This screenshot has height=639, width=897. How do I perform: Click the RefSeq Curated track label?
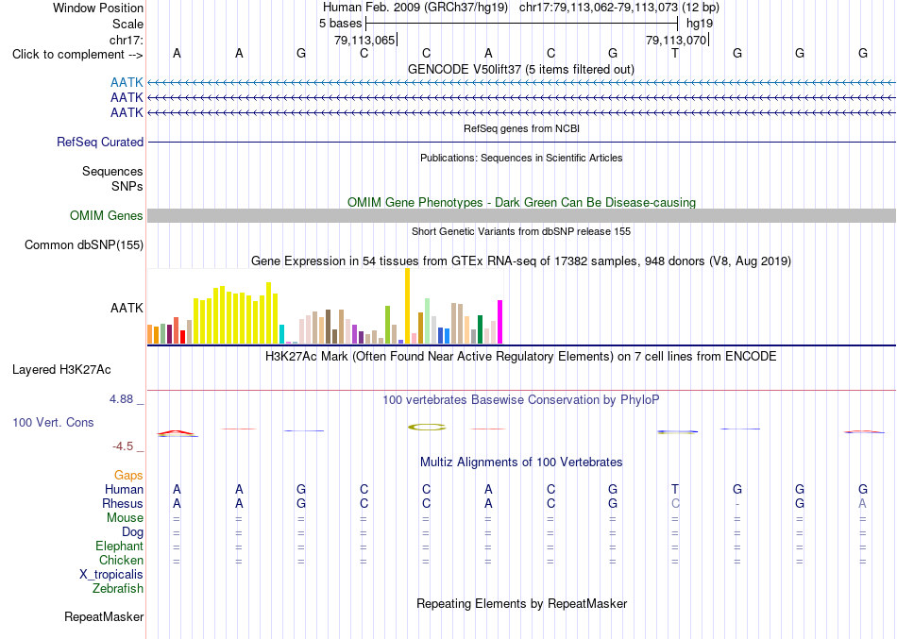100,142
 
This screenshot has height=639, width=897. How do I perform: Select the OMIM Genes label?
107,215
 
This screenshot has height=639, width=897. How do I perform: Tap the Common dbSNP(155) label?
84,244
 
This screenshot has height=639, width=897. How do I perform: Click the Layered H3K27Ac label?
61,370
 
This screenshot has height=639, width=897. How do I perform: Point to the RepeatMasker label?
104,616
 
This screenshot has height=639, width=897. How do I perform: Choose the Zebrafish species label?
118,588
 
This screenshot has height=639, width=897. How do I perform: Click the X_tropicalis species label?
111,575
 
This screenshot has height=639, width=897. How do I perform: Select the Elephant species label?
120,546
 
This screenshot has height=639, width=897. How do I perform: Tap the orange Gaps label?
128,475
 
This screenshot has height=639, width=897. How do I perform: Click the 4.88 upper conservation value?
121,398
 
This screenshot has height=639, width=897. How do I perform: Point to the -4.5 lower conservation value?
124,446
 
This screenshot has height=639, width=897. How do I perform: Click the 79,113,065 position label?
364,40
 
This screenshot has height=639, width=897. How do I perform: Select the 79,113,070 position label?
676,40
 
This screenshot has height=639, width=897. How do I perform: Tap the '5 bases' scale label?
340,24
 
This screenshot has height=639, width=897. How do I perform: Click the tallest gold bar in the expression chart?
407,306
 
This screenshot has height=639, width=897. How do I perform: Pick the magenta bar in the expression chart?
500,322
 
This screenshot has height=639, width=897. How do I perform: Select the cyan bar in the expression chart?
281,334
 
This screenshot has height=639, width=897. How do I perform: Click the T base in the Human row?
675,489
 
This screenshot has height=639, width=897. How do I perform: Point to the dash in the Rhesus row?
737,504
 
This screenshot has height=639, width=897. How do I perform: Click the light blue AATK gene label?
127,83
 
